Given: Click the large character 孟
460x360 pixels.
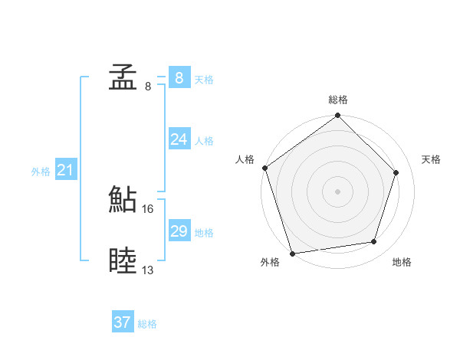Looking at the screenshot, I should tap(123, 77).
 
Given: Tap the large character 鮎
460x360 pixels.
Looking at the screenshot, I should tap(123, 200).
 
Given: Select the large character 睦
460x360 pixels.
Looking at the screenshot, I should tap(123, 261).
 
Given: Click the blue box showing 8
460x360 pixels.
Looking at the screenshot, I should tap(179, 77).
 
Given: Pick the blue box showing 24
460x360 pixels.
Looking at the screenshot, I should tap(179, 139).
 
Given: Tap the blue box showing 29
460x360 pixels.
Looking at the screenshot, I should tap(179, 231).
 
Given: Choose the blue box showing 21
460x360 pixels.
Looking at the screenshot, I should tap(65, 170).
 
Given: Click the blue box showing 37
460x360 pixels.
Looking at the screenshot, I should tap(122, 322).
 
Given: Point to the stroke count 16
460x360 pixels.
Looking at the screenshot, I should tap(148, 208).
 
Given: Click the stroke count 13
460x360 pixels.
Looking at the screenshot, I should tap(148, 270).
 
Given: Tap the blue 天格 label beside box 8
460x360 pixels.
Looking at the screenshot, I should tap(204, 80).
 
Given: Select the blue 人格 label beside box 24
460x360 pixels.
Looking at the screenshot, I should tap(204, 141).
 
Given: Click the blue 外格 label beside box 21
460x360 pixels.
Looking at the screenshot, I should tap(41, 172).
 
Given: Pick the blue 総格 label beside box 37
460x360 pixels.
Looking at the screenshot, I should tap(147, 325).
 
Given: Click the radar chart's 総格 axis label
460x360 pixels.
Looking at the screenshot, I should tap(338, 100).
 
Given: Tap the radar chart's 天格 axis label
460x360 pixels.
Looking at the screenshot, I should tap(431, 159).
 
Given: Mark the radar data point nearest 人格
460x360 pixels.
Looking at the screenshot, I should tap(264, 168).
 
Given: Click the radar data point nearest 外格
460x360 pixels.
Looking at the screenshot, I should tap(292, 253).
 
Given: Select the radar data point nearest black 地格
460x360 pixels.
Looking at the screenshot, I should tap(374, 242).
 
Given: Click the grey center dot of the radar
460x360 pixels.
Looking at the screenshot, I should tap(338, 191).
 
